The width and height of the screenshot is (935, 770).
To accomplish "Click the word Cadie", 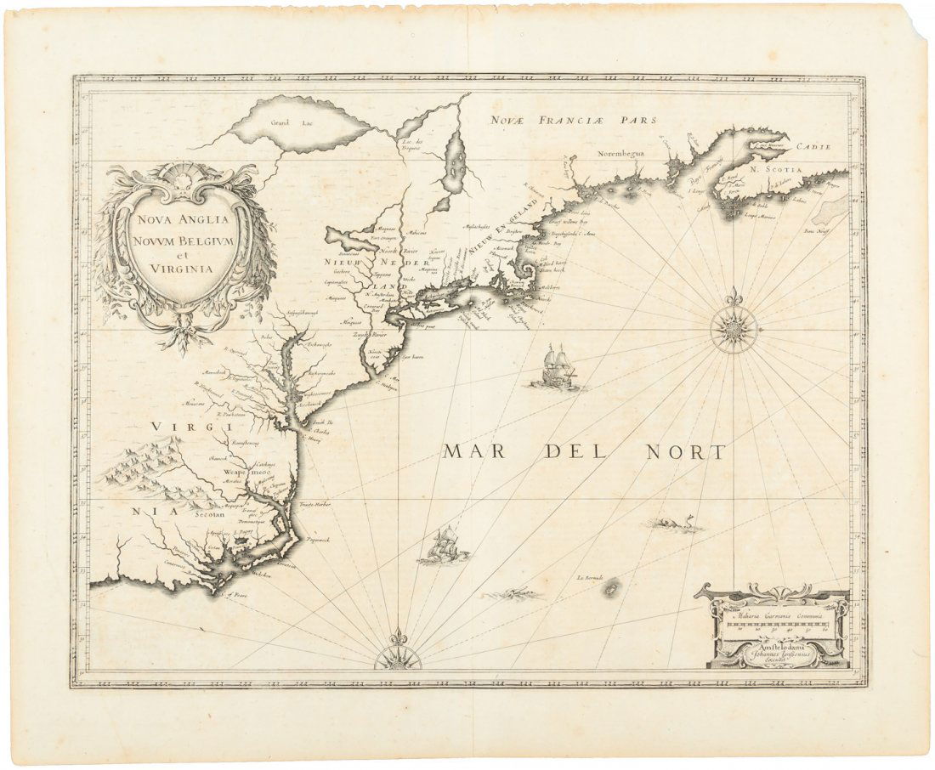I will pyautogui.click(x=811, y=147).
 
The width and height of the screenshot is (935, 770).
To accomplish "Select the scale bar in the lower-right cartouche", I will pyautogui.click(x=775, y=626).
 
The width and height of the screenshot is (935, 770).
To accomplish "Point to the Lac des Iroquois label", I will pyautogui.click(x=413, y=144).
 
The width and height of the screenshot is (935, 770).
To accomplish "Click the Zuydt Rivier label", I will pyautogui.click(x=371, y=335).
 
